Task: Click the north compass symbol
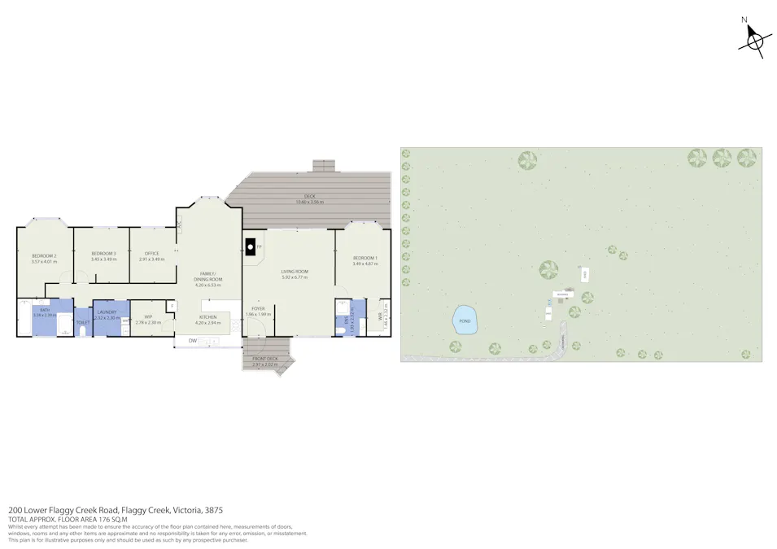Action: point(754,38)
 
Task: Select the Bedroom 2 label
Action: point(44,255)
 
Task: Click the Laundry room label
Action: point(107,312)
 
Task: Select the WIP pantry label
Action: point(148,316)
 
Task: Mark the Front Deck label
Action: point(265,359)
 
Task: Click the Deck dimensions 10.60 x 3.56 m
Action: point(309,202)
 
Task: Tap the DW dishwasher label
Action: point(193,340)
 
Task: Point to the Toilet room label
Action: point(82,322)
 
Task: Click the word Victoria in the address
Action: point(188,510)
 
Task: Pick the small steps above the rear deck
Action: point(324,165)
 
